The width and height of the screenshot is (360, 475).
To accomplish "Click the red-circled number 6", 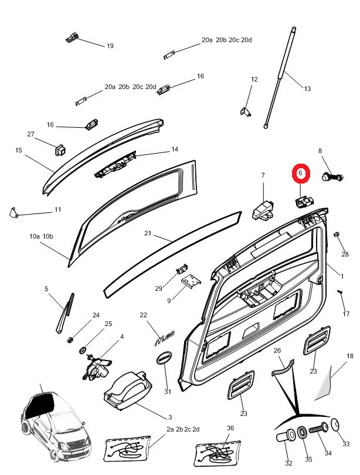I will coord(300,173).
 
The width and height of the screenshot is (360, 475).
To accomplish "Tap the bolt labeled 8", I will coord(332,176).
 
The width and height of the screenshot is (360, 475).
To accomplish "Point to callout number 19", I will coord(110,46).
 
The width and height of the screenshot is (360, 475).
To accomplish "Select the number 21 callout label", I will coord(148,233).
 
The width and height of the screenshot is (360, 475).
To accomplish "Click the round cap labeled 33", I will coord(337,425).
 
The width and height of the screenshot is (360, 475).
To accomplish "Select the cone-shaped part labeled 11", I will coord(13,212).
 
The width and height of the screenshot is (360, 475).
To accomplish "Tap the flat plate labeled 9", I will coord(189,283).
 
